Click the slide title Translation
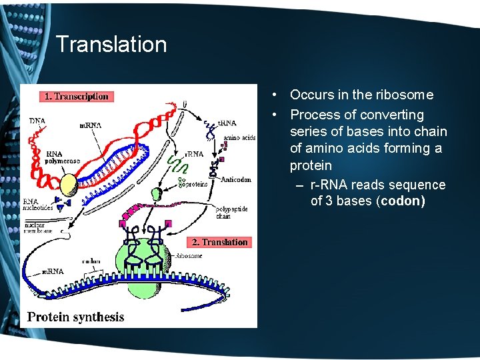click(x=111, y=45)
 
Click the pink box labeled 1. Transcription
click(x=75, y=97)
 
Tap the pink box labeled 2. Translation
click(x=220, y=242)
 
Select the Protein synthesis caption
click(x=75, y=316)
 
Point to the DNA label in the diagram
click(x=38, y=121)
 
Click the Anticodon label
click(x=235, y=179)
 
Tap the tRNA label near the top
click(x=227, y=123)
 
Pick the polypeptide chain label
click(x=231, y=213)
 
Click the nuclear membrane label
click(x=39, y=229)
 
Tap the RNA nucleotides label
click(x=39, y=205)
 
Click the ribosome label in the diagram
click(x=190, y=255)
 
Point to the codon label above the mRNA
click(x=91, y=261)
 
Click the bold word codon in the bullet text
click(x=401, y=201)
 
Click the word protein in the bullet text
click(x=311, y=165)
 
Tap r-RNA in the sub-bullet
click(x=332, y=185)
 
